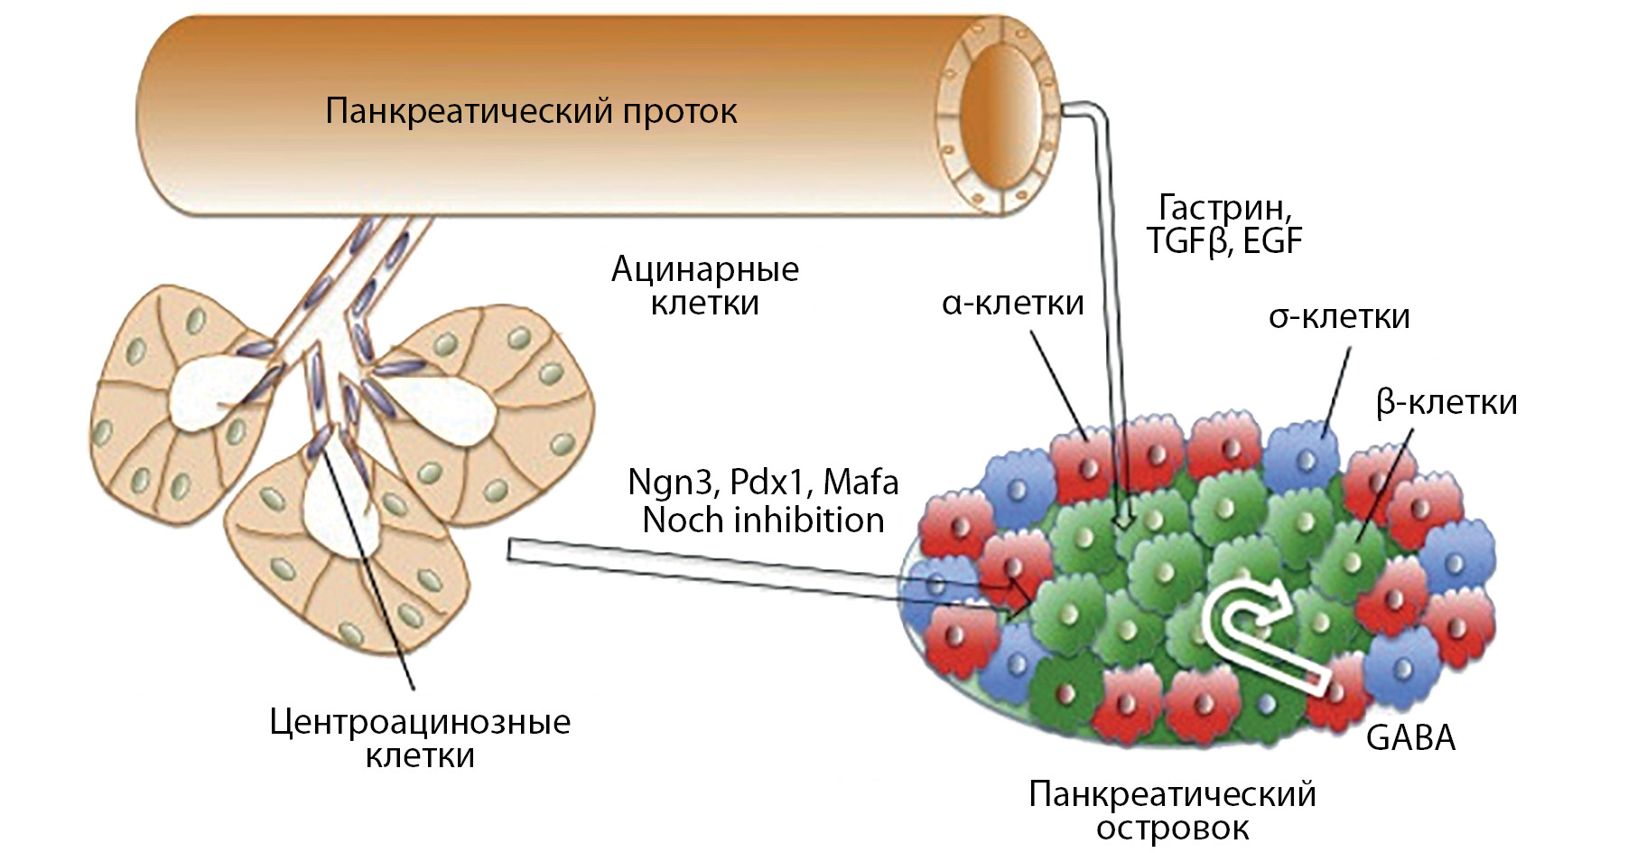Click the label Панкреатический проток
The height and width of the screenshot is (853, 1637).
[531, 112]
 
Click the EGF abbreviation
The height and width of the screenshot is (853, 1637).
[1272, 242]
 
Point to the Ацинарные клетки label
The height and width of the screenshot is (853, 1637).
[705, 286]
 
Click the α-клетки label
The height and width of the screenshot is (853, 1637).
[1012, 303]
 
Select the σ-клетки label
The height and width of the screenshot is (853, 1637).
[1339, 316]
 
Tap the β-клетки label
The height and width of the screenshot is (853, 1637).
[1446, 402]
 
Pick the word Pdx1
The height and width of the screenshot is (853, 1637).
[767, 483]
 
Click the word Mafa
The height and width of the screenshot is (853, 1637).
[860, 483]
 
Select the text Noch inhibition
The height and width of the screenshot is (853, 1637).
[763, 520]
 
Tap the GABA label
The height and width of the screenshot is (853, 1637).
[1410, 738]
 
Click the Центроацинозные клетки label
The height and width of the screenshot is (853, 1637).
[420, 737]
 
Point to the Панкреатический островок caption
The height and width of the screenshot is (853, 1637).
[1172, 811]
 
